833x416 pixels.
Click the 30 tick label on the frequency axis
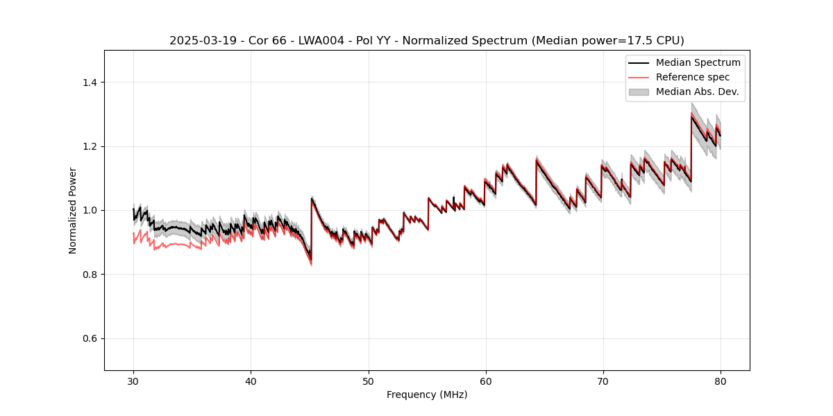click(133, 381)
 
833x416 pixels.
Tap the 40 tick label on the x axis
click(251, 381)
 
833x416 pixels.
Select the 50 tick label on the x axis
click(369, 381)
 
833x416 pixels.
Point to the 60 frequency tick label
click(486, 381)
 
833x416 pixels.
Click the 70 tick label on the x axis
click(603, 381)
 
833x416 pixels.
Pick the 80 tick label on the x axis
click(721, 381)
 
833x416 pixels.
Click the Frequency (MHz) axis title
click(427, 395)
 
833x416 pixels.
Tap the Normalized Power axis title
click(73, 210)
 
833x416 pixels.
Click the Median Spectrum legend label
click(698, 62)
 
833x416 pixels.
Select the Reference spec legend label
click(693, 77)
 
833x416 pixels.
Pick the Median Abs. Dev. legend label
click(697, 92)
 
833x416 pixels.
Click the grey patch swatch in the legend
click(639, 92)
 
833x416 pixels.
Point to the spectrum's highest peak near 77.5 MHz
click(691, 116)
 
